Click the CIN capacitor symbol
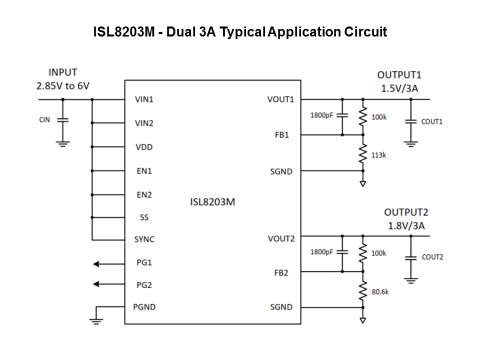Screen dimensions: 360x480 (63, 120)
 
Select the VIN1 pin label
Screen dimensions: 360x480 (144, 99)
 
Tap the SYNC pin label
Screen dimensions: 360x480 (144, 239)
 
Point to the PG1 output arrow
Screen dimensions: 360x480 (103, 262)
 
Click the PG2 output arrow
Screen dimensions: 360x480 (103, 284)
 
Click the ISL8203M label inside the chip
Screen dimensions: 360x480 (212, 202)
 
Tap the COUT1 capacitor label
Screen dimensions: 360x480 (432, 121)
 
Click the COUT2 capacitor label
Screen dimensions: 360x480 (432, 257)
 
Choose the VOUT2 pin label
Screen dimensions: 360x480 (280, 238)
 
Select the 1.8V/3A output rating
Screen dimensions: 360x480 (406, 225)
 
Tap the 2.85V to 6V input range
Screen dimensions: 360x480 (63, 85)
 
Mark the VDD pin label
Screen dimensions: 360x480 (143, 147)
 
